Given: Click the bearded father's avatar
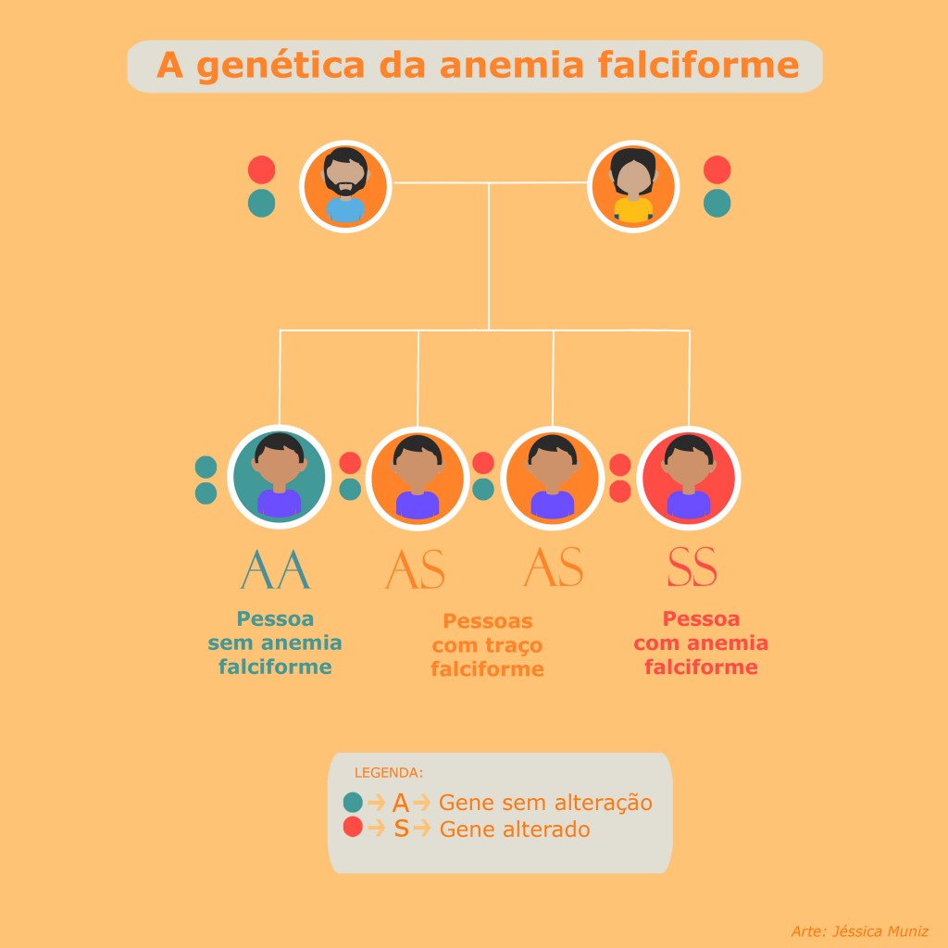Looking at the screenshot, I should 344,185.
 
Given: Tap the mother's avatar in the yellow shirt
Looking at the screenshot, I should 634,185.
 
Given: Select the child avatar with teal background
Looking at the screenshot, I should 279,476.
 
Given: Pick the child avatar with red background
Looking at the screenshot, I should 689,476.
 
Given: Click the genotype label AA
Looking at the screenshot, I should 275,569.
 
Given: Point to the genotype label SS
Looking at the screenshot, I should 692,568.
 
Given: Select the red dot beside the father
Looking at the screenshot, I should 262,169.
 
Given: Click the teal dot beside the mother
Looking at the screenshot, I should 717,204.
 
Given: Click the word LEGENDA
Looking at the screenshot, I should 389,772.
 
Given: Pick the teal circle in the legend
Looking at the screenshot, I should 353,803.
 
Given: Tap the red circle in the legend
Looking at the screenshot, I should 353,828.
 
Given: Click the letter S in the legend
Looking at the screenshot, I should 401,829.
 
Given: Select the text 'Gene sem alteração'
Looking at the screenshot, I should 545,803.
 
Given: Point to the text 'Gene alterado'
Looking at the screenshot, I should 515,829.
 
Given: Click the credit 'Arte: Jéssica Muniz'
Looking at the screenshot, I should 859,930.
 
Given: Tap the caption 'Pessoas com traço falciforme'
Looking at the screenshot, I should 487,645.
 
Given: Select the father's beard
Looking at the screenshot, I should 344,188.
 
